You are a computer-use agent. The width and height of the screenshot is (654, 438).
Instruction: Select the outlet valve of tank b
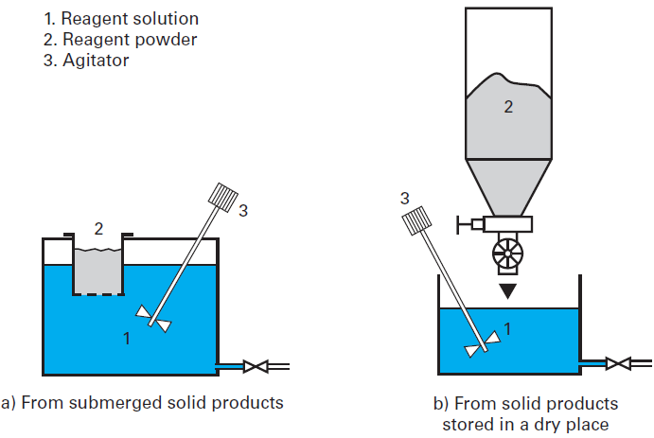618,362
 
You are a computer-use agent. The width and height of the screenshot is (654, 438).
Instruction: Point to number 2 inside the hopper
508,108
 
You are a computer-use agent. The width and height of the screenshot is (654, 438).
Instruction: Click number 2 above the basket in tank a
97,227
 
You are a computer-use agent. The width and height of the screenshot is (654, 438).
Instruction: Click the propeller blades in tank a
153,318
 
